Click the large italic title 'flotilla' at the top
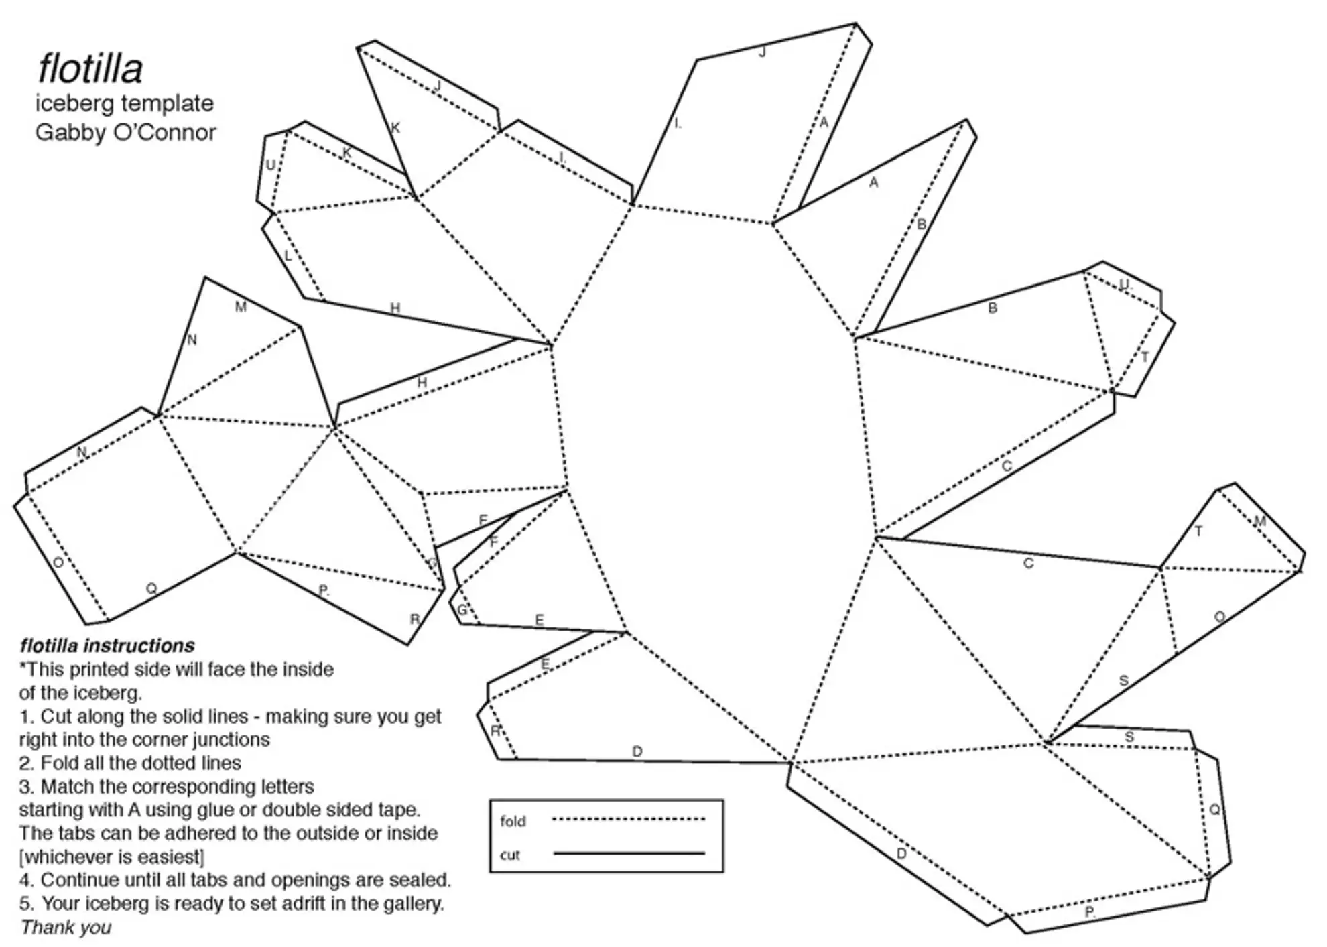pos(90,68)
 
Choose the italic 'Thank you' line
pos(66,927)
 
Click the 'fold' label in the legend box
pos(513,821)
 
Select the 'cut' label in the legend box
pos(509,855)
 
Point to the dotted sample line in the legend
pos(628,819)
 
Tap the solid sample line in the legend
pos(628,853)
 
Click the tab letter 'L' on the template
pos(288,256)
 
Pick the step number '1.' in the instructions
pos(26,716)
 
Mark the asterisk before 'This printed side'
pos(23,668)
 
